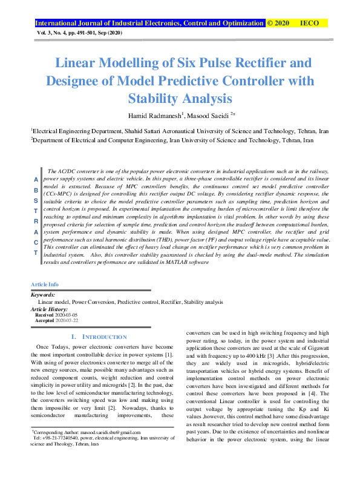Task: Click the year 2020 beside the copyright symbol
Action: click(x=281, y=23)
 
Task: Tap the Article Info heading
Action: click(x=45, y=284)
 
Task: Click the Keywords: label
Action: click(x=42, y=295)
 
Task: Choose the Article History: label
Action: click(x=49, y=309)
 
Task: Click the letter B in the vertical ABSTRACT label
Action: click(x=36, y=190)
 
